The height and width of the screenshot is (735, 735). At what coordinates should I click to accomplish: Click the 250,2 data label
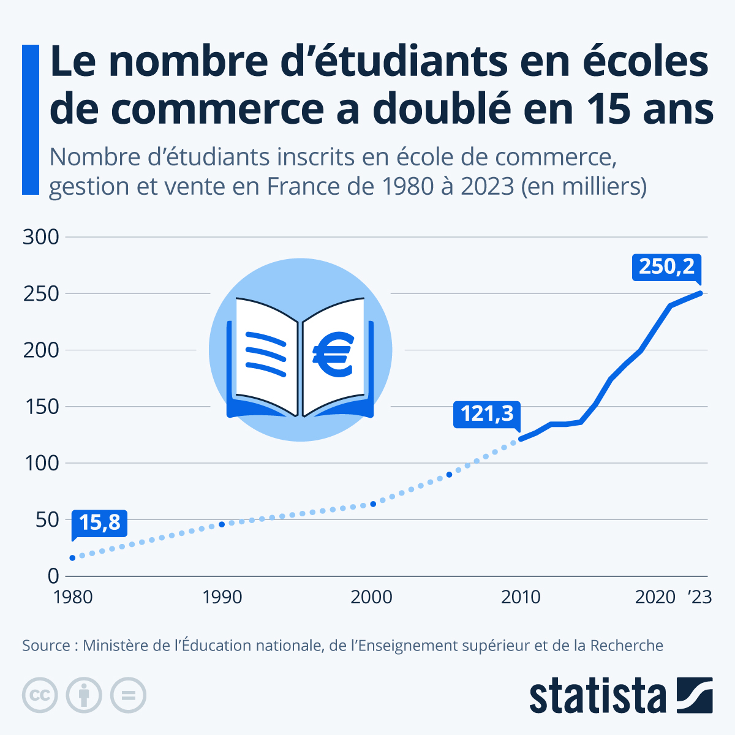[x=666, y=267]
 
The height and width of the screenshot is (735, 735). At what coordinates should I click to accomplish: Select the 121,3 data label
[x=487, y=414]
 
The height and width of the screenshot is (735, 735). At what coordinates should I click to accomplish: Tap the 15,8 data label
[x=99, y=522]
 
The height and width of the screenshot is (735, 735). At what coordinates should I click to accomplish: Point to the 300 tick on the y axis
[x=41, y=237]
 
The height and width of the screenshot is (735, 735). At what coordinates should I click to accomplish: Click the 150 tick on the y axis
[x=41, y=407]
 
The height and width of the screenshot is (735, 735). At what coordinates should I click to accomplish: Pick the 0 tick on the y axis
[x=53, y=576]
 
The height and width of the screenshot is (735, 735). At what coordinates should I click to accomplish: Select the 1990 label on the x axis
[x=222, y=597]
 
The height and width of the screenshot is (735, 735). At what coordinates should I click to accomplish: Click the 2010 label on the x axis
[x=521, y=597]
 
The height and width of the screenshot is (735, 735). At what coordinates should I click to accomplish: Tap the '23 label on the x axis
[x=699, y=597]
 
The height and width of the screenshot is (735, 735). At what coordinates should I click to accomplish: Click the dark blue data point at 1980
[x=72, y=558]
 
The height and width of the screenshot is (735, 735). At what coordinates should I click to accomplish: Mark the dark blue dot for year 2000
[x=372, y=504]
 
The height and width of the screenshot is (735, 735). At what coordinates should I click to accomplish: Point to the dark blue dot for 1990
[x=222, y=524]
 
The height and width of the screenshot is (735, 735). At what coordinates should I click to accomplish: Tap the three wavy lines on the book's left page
[x=266, y=353]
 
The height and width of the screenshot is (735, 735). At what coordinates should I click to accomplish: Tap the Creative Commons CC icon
[x=40, y=696]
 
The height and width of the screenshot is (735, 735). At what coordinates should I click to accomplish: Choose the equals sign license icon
[x=128, y=696]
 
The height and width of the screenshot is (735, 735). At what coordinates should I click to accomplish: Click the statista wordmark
[x=597, y=696]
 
